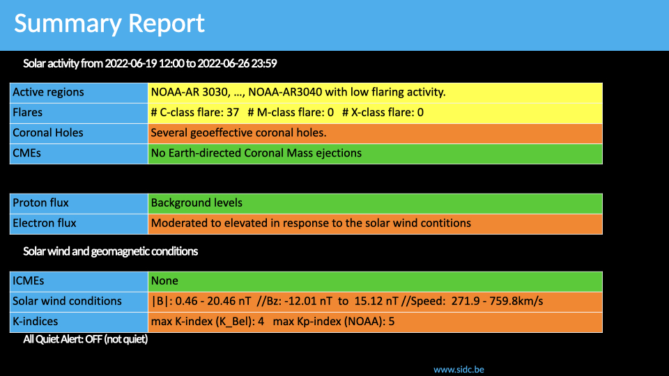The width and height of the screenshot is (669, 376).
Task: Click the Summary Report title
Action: (109, 24)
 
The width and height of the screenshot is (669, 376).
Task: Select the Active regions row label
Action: (48, 92)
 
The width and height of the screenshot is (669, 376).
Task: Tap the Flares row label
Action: (27, 112)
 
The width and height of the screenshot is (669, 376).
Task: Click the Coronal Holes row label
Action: (48, 132)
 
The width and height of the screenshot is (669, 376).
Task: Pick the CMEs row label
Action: (26, 153)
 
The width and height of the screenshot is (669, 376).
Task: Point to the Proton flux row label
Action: (40, 203)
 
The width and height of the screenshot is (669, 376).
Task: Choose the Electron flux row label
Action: (45, 223)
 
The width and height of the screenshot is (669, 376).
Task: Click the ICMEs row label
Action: (28, 281)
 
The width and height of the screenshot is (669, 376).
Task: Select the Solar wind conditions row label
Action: (67, 301)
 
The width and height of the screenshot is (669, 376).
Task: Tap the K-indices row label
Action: (36, 321)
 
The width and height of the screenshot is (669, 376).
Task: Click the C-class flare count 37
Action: (233, 113)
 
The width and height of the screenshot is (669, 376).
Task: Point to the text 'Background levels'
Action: (197, 203)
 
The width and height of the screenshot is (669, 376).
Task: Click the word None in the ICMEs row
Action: (164, 281)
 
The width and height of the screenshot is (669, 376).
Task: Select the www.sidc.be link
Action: (459, 370)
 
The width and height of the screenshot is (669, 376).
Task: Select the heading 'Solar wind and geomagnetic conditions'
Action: (111, 251)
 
